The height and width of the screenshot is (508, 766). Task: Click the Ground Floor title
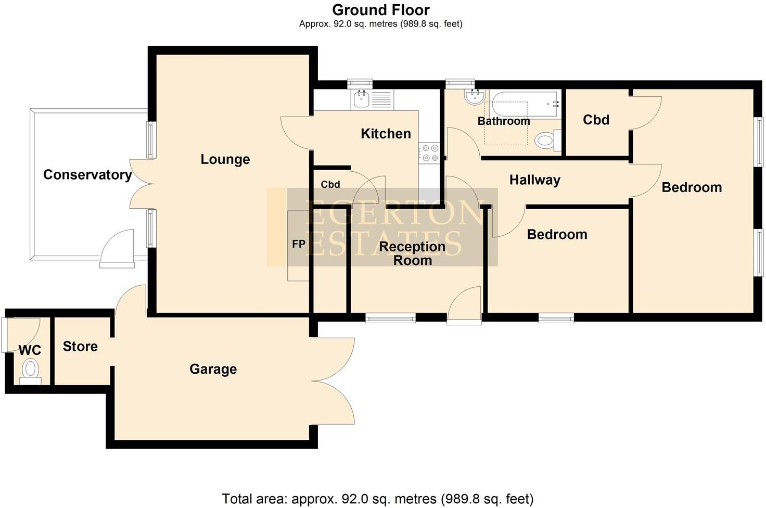[381, 10]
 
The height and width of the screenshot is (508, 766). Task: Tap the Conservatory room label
[87, 175]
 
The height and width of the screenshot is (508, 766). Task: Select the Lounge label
[225, 159]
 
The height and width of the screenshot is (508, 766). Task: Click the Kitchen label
[386, 134]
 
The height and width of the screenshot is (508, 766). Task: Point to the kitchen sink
[360, 99]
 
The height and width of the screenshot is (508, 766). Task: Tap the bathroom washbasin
[474, 97]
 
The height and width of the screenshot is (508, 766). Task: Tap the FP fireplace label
[299, 244]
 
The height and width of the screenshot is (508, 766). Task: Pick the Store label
[80, 347]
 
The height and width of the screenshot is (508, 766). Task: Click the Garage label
[213, 370]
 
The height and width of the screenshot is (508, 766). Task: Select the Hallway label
[534, 180]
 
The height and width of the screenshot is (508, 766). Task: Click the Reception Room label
[412, 253]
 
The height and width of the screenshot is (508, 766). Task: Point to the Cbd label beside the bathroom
[596, 120]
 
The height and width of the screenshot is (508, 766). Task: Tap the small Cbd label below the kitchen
[330, 185]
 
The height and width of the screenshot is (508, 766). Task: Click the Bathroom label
[504, 121]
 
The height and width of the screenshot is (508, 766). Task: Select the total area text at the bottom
[378, 499]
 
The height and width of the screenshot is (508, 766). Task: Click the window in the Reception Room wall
[390, 317]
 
